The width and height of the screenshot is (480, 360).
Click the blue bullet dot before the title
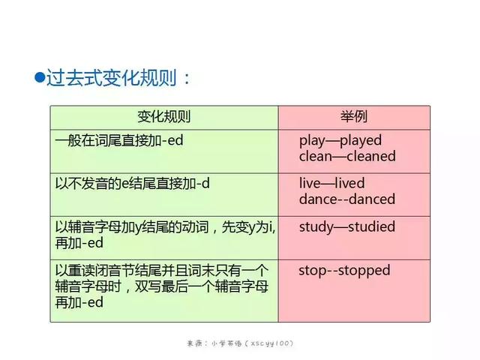[40, 77]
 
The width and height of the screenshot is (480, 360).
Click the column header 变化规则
[164, 117]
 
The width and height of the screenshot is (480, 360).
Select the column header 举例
[354, 117]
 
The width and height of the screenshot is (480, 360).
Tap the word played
[361, 141]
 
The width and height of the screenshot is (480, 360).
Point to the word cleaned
[371, 156]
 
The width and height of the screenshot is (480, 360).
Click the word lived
[349, 183]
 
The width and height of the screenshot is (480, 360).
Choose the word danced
[372, 199]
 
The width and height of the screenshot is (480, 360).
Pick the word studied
[372, 226]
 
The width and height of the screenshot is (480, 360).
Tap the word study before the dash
[316, 227]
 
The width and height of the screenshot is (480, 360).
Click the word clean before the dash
[316, 156]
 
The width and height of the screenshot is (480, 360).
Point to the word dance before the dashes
[318, 199]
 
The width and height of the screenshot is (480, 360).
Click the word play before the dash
[312, 141]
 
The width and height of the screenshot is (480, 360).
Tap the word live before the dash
[310, 183]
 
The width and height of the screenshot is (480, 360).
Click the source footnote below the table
[240, 343]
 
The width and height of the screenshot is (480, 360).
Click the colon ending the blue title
[187, 79]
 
